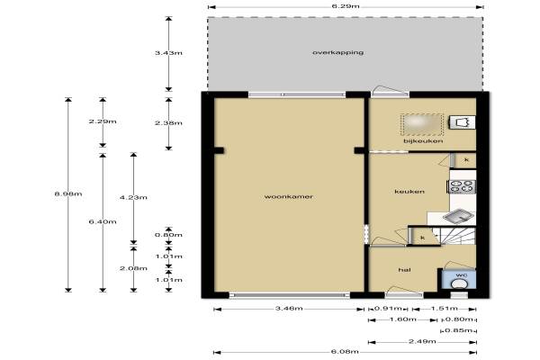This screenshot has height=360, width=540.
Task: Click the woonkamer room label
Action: pyautogui.click(x=289, y=197)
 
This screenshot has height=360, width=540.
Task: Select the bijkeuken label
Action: pyautogui.click(x=423, y=141)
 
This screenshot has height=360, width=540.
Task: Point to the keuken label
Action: pyautogui.click(x=409, y=191)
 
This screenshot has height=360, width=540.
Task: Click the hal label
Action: pyautogui.click(x=404, y=270)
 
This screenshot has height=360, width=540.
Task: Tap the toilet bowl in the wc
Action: pyautogui.click(x=458, y=283)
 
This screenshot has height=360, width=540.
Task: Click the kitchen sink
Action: pyautogui.click(x=458, y=216)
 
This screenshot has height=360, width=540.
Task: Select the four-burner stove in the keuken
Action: pyautogui.click(x=463, y=186)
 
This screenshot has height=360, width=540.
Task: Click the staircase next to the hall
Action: pyautogui.click(x=458, y=236)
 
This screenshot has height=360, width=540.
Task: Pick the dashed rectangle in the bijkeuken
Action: pyautogui.click(x=422, y=124)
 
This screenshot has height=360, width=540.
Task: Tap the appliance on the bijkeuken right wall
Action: pyautogui.click(x=463, y=122)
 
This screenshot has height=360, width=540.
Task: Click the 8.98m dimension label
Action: pyautogui.click(x=68, y=194)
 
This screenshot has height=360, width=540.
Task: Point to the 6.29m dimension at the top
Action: pyautogui.click(x=346, y=6)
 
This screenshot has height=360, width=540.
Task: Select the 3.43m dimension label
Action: pyautogui.click(x=168, y=53)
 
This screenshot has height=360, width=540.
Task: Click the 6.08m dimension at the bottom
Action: pyautogui.click(x=345, y=352)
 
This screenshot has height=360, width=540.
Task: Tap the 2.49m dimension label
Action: pyautogui.click(x=422, y=341)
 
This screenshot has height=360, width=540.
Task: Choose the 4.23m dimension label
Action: pyautogui.click(x=133, y=197)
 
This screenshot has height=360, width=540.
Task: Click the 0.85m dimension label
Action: pyautogui.click(x=459, y=330)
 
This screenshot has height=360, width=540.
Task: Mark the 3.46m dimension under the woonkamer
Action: pyautogui.click(x=289, y=309)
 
